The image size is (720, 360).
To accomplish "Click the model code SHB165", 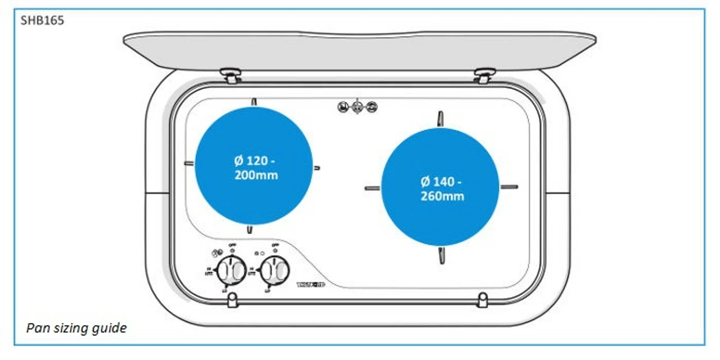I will tap(43, 21).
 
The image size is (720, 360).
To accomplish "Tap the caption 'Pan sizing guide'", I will tap(76, 328).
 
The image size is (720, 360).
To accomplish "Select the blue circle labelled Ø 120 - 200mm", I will tap(253, 166).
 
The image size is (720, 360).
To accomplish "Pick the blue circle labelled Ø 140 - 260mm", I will tap(440, 187).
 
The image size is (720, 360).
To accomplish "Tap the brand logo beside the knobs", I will tap(310, 285).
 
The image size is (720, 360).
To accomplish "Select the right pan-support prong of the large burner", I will tap(509, 187).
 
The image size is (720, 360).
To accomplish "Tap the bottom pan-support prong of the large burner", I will tap(441, 255).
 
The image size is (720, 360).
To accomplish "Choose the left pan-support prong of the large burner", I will tap(372, 188).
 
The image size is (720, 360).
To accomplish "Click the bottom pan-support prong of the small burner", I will tap(249, 229).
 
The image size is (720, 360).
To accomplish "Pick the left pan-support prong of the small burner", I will tap(189, 164).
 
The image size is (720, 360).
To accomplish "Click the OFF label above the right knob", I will tap(275, 245).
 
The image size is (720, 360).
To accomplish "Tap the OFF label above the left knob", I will tap(232, 245).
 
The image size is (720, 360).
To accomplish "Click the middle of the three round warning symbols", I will tap(357, 106).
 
